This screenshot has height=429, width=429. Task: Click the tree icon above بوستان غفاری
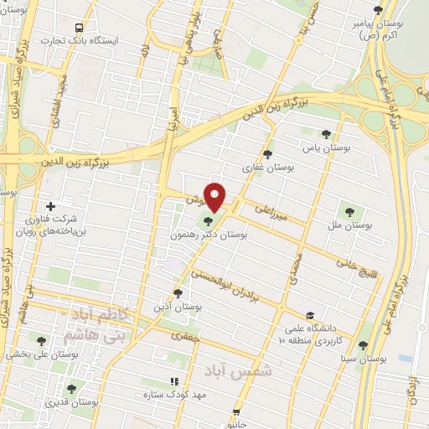click(267, 154)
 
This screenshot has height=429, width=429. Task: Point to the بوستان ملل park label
click(352, 225)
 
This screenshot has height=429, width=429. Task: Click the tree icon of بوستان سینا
click(361, 344)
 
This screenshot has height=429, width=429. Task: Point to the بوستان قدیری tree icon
click(71, 390)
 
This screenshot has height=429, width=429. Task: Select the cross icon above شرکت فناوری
click(51, 206)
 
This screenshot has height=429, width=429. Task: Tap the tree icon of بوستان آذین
click(177, 293)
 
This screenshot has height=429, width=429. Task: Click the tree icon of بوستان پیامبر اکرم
click(378, 10)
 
